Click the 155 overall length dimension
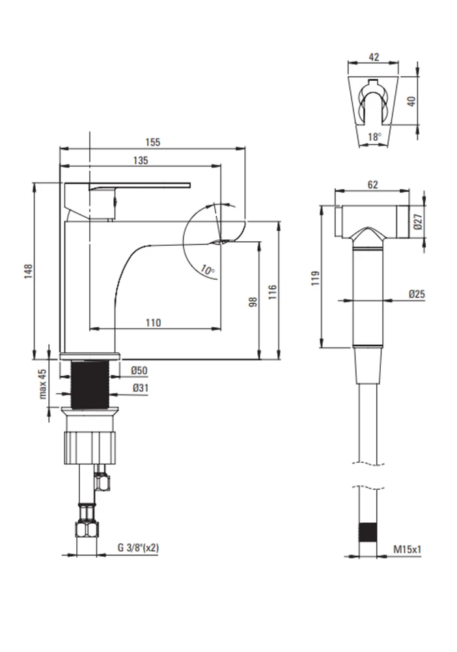pyautogui.click(x=152, y=142)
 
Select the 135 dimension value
pyautogui.click(x=141, y=160)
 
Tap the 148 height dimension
pyautogui.click(x=28, y=271)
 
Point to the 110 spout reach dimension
pyautogui.click(x=153, y=323)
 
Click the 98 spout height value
pyautogui.click(x=253, y=302)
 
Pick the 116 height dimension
pyautogui.click(x=272, y=292)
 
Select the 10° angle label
pyautogui.click(x=208, y=270)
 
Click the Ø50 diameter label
pyautogui.click(x=139, y=370)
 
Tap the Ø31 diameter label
pyautogui.click(x=141, y=388)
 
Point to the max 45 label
pyautogui.click(x=43, y=384)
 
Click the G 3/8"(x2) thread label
pyautogui.click(x=138, y=548)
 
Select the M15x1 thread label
pyautogui.click(x=407, y=549)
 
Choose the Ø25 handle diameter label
pyautogui.click(x=417, y=294)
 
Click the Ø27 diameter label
pyautogui.click(x=417, y=222)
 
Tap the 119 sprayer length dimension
pyautogui.click(x=316, y=278)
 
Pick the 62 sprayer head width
pyautogui.click(x=373, y=185)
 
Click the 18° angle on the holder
pyautogui.click(x=374, y=136)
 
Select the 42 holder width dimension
pyautogui.click(x=374, y=57)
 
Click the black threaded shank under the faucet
pyautogui.click(x=90, y=385)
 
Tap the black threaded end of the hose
pyautogui.click(x=368, y=532)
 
